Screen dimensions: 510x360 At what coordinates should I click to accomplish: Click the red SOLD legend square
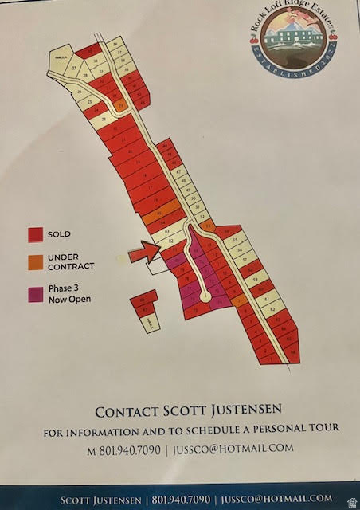[x=35, y=235]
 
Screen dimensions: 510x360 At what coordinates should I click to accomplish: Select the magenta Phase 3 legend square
[x=35, y=294]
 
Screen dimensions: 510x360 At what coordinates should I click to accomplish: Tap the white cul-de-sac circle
[x=206, y=296]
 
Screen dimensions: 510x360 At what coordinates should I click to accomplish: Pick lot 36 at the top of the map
[x=115, y=43]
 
